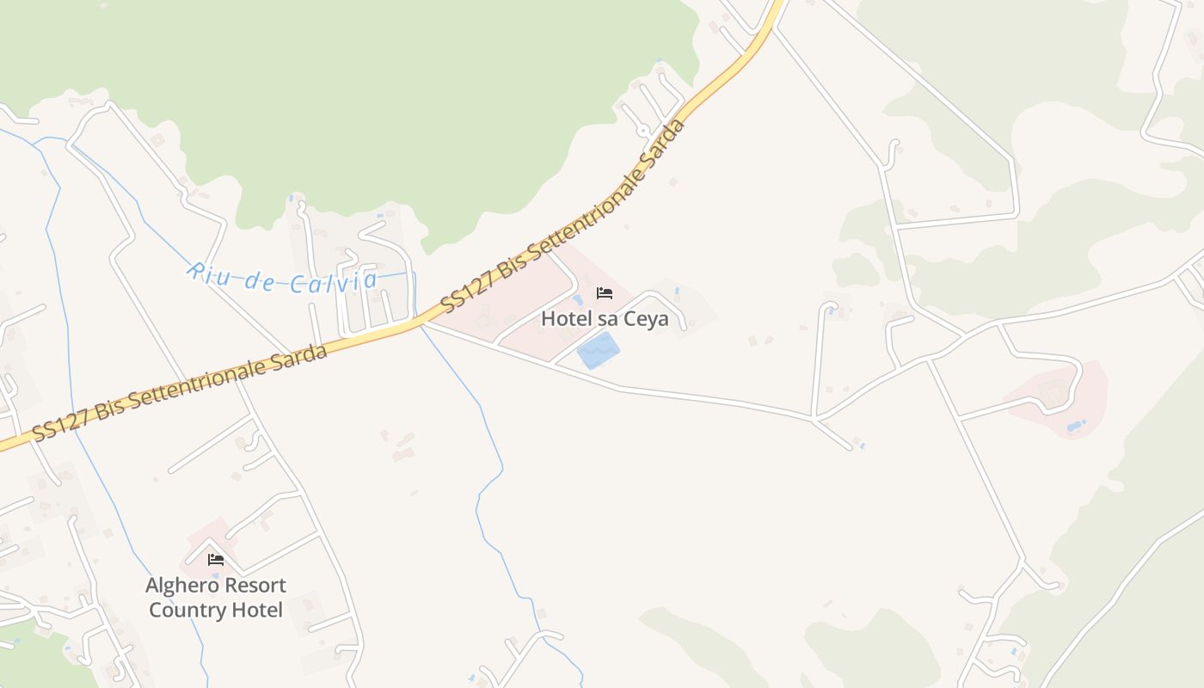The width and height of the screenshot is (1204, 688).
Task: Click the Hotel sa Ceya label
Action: point(605,319)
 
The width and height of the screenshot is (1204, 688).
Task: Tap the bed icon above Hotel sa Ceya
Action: point(605,293)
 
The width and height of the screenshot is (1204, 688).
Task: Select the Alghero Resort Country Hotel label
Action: point(215,598)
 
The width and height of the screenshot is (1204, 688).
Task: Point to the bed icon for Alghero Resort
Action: point(216,559)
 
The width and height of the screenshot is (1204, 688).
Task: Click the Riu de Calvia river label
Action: point(283,279)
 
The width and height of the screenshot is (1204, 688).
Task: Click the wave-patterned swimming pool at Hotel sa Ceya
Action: point(598,352)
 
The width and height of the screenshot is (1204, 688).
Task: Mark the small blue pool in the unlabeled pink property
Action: point(1076,425)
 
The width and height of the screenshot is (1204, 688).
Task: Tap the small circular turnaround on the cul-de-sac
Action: point(643,131)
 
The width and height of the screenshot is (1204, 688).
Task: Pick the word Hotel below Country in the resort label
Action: point(255,611)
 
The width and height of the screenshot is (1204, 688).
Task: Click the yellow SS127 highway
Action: point(378,331)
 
